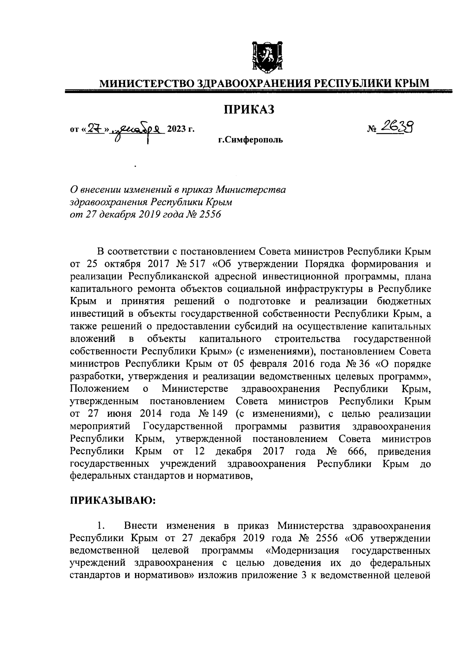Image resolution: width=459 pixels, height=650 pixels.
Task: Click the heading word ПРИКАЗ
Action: click(249, 110)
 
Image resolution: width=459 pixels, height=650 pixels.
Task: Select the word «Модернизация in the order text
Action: click(303, 551)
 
